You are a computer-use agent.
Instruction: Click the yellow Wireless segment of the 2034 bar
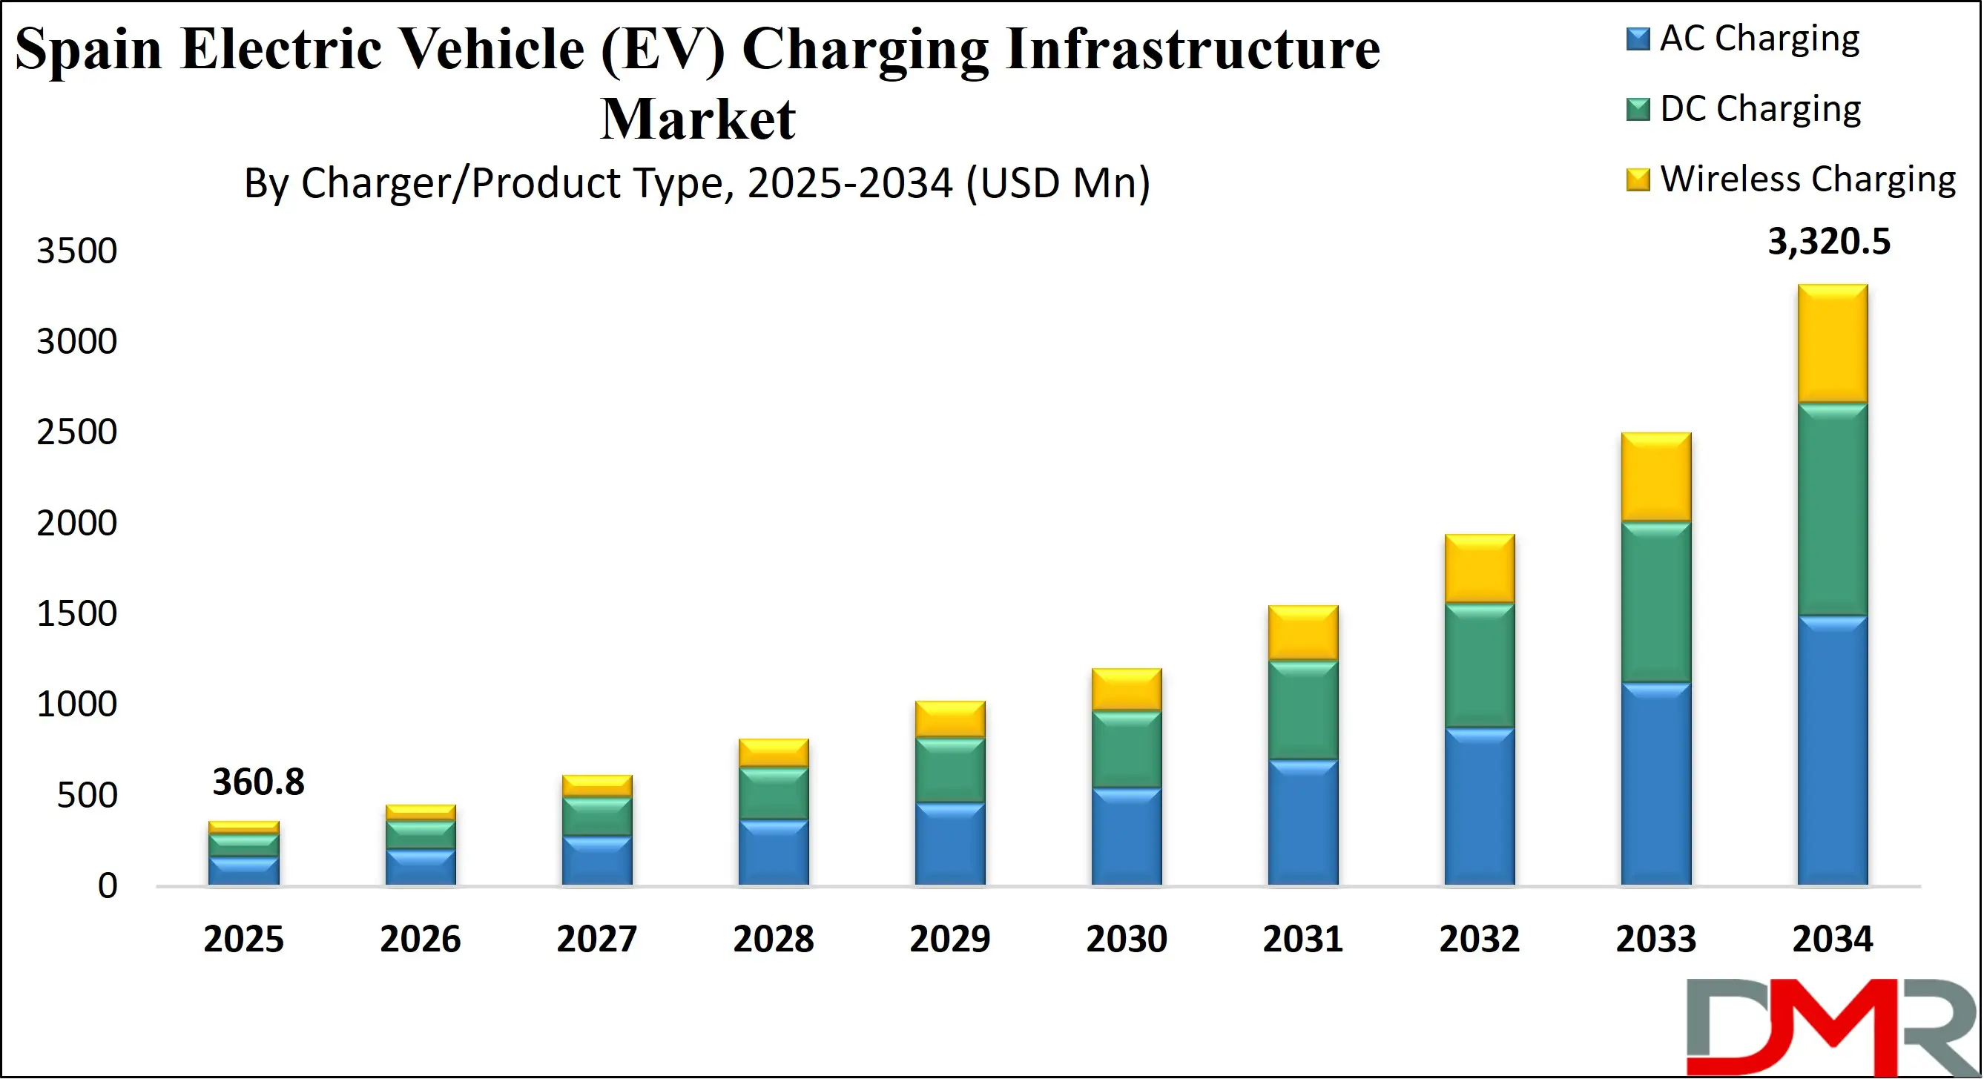(x=1832, y=344)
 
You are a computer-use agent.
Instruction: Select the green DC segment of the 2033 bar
(x=1656, y=602)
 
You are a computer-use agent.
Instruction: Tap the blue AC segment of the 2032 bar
(x=1480, y=805)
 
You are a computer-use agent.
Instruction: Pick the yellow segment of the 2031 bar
(x=1303, y=633)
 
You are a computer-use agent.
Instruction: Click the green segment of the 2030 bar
(x=1127, y=748)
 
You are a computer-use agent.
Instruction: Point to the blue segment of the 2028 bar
(x=774, y=852)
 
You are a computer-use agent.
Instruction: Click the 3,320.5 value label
(x=1828, y=242)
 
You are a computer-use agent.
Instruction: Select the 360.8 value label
(x=258, y=782)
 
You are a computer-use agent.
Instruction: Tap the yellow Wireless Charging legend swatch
(x=1638, y=179)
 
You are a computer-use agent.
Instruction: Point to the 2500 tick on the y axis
(x=77, y=432)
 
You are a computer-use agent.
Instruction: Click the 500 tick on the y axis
(x=87, y=795)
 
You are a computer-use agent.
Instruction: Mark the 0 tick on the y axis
(x=108, y=885)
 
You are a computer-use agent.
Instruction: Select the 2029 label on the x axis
(x=949, y=939)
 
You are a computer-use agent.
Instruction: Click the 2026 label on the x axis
(x=420, y=939)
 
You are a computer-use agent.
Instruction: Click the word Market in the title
(x=697, y=119)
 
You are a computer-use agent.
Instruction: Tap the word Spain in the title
(x=88, y=49)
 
